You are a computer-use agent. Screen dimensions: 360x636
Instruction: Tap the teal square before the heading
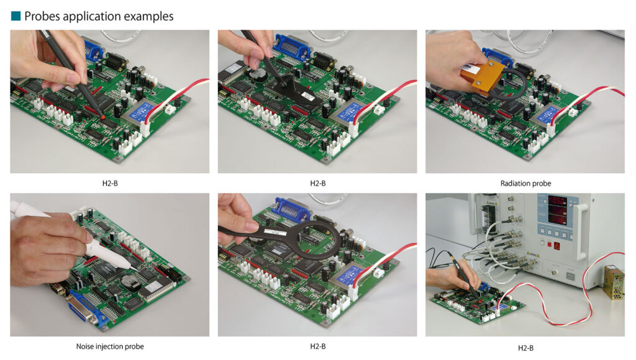pos(16,16)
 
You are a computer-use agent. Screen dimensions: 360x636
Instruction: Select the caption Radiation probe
pos(525,183)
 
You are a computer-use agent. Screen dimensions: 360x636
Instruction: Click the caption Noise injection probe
pos(110,346)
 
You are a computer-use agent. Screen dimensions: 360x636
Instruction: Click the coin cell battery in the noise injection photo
pos(129,281)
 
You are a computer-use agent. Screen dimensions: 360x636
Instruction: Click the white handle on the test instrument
pos(581,231)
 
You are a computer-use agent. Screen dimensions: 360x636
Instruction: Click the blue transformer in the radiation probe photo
pos(549,114)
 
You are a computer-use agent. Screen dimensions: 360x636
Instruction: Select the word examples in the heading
pos(149,17)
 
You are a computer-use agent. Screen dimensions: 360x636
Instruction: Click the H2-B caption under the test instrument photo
pos(525,348)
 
